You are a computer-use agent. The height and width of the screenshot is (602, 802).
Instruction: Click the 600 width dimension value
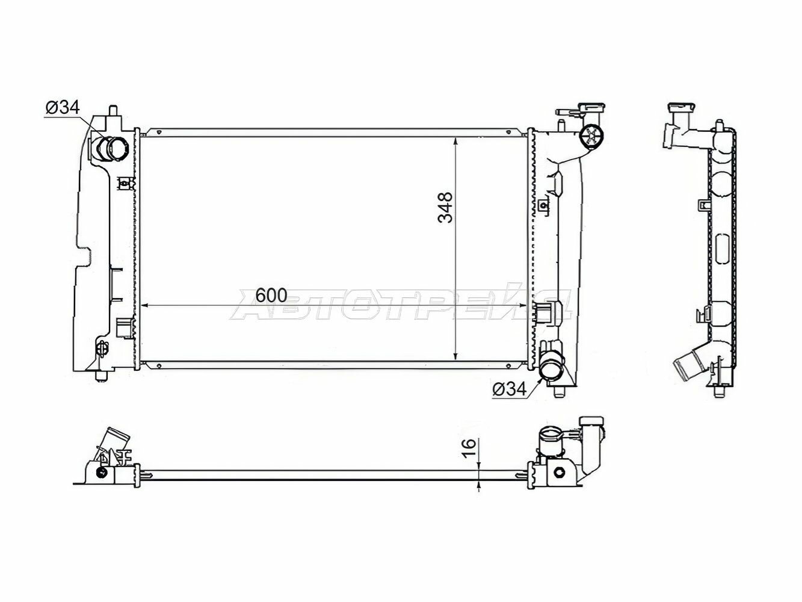[271, 296]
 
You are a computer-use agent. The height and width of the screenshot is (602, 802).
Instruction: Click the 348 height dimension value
[446, 207]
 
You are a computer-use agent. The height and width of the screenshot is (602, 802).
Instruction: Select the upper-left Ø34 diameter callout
[63, 108]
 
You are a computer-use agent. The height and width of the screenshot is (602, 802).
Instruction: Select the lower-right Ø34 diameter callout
[510, 389]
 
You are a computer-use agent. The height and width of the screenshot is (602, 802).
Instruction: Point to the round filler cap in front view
[591, 137]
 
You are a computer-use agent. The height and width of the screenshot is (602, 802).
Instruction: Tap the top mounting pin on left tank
[113, 111]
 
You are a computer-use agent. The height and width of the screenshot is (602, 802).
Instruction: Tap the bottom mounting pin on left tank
[101, 376]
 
